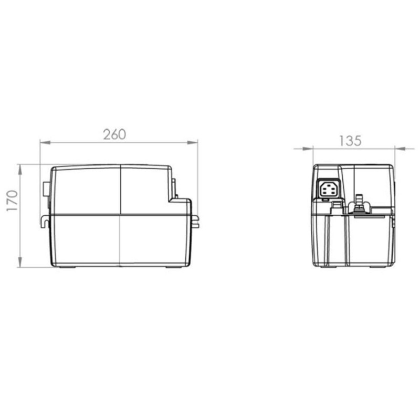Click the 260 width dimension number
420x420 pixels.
114,134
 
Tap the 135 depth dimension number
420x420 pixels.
350,140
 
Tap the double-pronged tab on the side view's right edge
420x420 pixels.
195,221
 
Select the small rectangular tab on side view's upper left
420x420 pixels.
46,192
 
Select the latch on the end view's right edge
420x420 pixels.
394,220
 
